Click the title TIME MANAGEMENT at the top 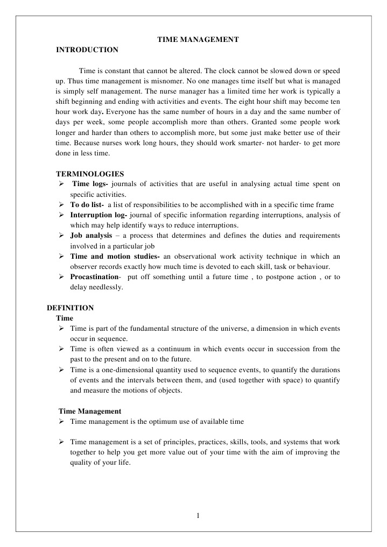click(x=198, y=39)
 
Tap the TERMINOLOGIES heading click(x=90, y=174)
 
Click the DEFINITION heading click(x=70, y=308)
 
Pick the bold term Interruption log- click(x=99, y=215)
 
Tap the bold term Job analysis click(x=91, y=236)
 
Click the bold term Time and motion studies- click(x=115, y=256)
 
